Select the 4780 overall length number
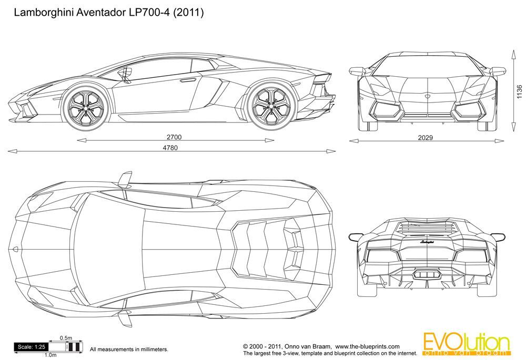168,148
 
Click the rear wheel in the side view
269,107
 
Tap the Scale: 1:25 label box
31,347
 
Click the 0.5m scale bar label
66,338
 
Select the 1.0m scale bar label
50,356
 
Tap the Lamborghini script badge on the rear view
427,242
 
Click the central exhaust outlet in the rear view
427,274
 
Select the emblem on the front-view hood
427,97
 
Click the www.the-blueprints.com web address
367,347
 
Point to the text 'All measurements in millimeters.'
129,349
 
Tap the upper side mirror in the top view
124,178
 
